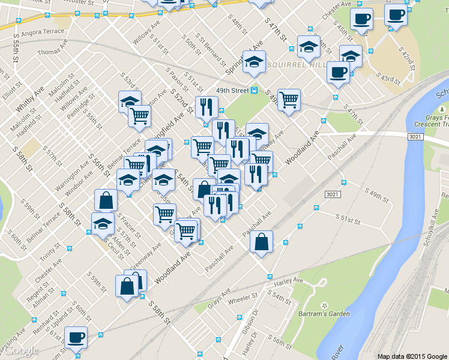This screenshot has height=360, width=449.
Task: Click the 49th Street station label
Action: tap(232, 91)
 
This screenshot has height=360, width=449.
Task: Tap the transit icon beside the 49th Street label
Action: tap(255, 91)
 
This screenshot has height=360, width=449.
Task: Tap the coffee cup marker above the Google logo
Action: tap(76, 337)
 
